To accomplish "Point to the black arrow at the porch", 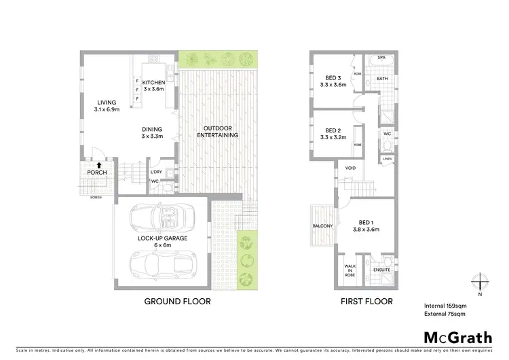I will (99, 164).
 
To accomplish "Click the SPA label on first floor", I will (381, 58).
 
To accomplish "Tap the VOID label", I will (350, 167).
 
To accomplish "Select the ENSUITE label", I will (383, 270).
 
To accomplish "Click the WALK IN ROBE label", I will (350, 270).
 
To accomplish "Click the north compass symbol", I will (480, 281).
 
